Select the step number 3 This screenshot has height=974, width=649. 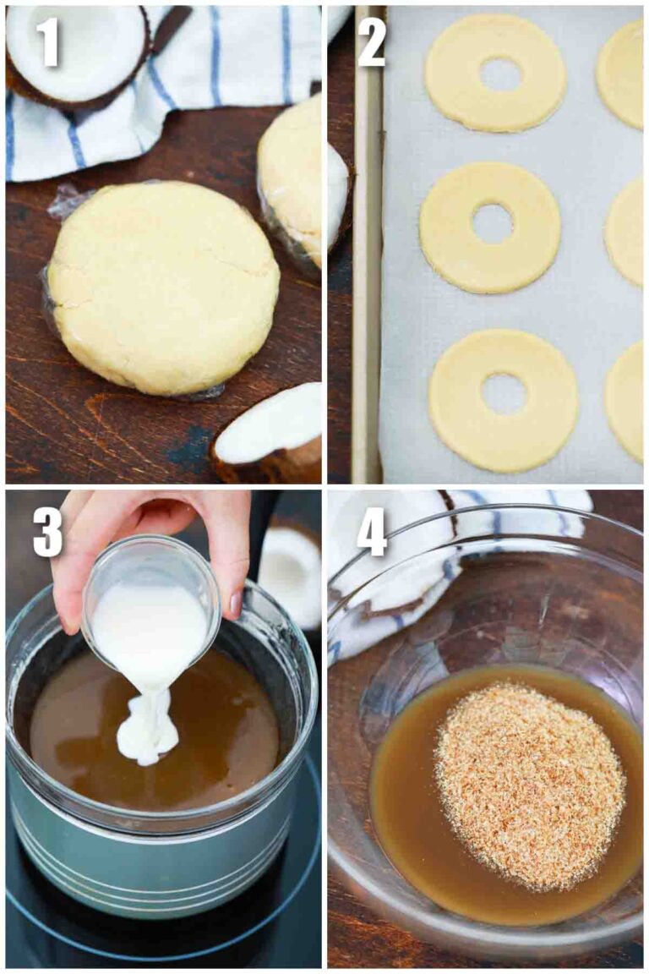48,531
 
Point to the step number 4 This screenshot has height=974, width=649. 372,531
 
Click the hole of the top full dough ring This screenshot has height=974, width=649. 499,74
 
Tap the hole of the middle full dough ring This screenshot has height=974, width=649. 492,223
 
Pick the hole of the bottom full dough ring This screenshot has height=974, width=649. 504,393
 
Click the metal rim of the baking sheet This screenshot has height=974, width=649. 367,254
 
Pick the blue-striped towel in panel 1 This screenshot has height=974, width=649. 220,59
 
